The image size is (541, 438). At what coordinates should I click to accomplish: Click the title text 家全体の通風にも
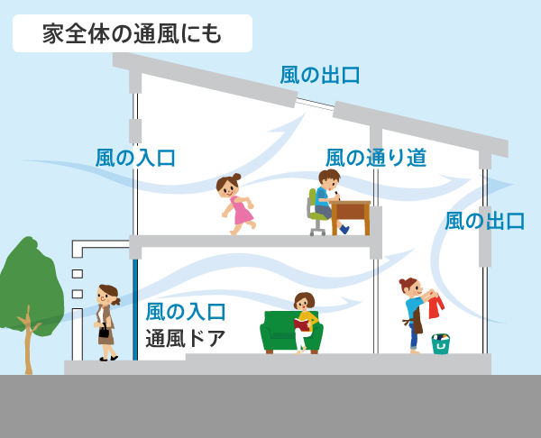coord(133,33)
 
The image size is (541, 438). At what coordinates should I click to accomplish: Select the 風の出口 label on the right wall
coord(484,221)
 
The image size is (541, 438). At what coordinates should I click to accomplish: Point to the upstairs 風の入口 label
coord(135,159)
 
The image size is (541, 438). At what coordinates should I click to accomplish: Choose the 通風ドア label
coord(185,339)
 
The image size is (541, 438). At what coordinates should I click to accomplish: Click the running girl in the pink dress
coord(235,204)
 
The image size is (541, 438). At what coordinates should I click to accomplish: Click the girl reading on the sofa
coord(304,317)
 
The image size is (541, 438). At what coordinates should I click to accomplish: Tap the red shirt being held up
coord(436,306)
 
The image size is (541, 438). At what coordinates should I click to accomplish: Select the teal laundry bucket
coord(440,343)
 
